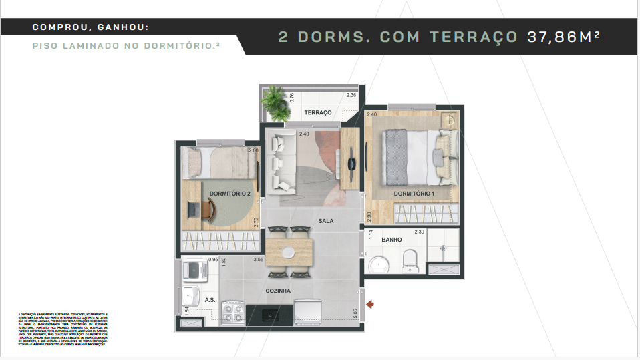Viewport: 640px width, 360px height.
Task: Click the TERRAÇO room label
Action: (x=318, y=113)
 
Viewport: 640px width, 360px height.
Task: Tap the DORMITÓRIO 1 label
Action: (x=414, y=194)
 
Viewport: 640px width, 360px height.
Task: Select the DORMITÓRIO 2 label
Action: (x=229, y=194)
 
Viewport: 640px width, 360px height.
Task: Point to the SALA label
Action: (x=326, y=221)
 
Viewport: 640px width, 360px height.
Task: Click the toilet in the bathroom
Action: (x=410, y=259)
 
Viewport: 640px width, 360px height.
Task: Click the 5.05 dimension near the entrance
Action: (x=356, y=313)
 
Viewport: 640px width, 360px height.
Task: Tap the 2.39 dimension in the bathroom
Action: (x=420, y=232)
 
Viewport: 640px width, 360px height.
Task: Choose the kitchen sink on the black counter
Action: (x=270, y=314)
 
